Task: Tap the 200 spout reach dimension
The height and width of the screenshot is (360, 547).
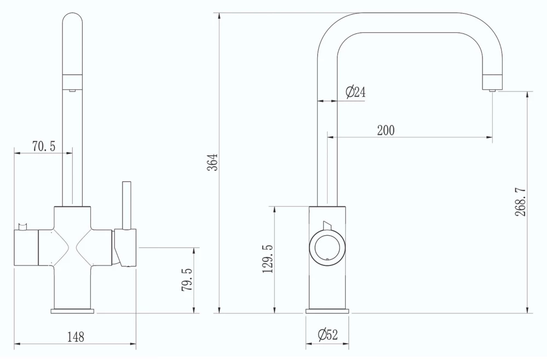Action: click(385, 130)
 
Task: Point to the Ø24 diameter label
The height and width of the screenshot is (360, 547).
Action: click(356, 92)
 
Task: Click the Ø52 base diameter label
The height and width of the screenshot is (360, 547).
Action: click(327, 335)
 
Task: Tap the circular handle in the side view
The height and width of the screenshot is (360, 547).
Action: click(327, 247)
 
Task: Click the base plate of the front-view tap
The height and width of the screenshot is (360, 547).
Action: click(72, 311)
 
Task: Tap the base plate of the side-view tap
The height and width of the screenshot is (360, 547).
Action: click(327, 311)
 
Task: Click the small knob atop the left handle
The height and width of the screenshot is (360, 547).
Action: click(23, 226)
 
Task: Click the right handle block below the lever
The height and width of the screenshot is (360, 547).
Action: click(125, 247)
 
